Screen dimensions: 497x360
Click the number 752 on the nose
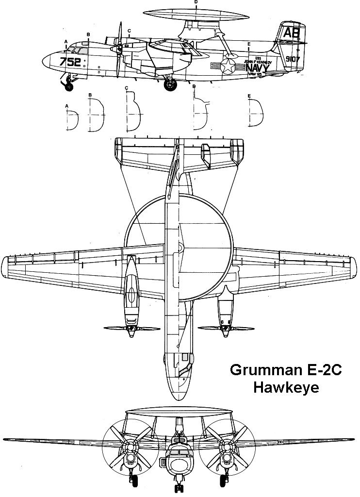pos(70,62)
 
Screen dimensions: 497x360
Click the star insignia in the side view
pos(227,66)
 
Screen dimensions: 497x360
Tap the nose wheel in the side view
pos(69,87)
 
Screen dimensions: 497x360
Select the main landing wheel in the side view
pos(170,85)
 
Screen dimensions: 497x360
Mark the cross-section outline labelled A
pos(72,118)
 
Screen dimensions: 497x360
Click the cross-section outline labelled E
pos(257,115)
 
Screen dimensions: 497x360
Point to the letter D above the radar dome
pos(196,2)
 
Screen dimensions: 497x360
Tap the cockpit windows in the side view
pos(77,49)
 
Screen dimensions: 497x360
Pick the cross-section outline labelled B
pos(96,115)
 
